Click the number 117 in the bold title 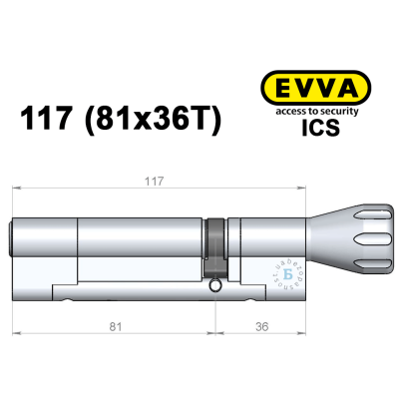point(46,121)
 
